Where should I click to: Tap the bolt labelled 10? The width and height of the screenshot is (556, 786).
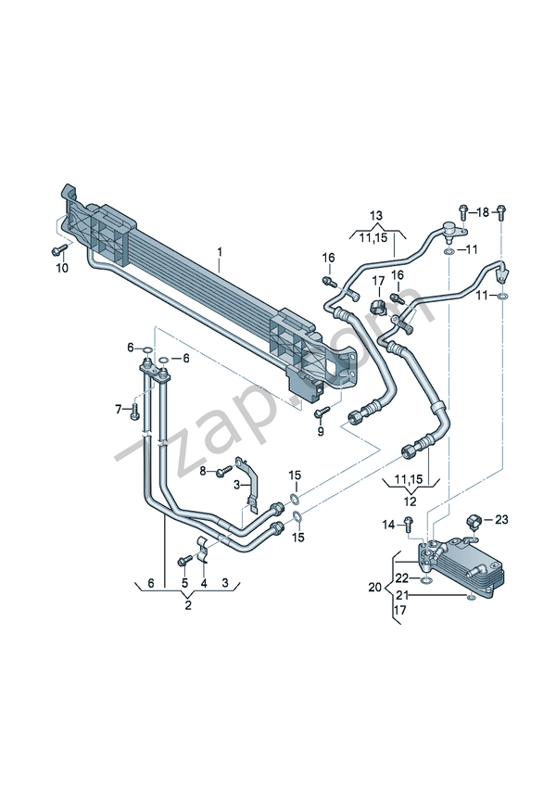pos(59,249)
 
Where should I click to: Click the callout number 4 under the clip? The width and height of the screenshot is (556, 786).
pos(204,583)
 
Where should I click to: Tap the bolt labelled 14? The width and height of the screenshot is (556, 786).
pos(408,525)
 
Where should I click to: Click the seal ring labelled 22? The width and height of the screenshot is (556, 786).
pos(426,580)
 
